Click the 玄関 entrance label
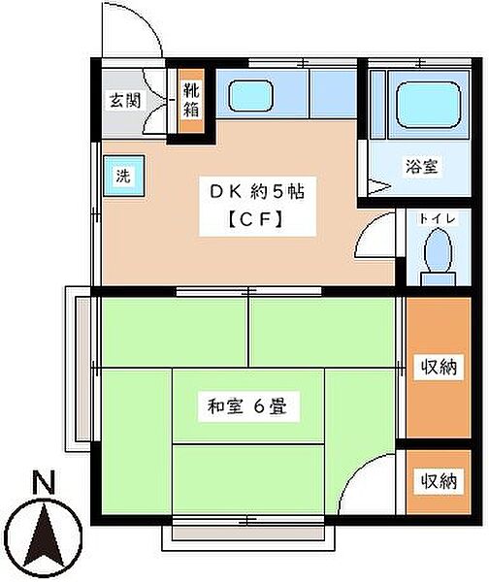tap(122, 99)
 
